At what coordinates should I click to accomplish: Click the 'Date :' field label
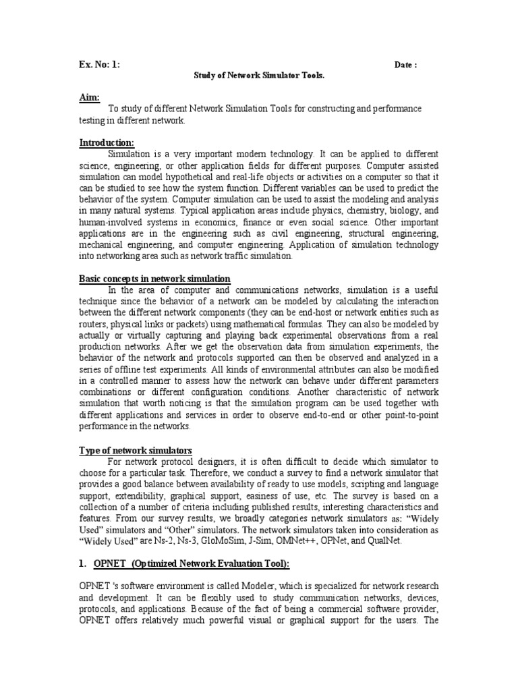coord(405,65)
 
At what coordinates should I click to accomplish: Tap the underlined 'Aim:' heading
coord(89,98)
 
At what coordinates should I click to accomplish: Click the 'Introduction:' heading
coord(107,142)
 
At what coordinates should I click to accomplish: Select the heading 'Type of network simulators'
coord(136,450)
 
